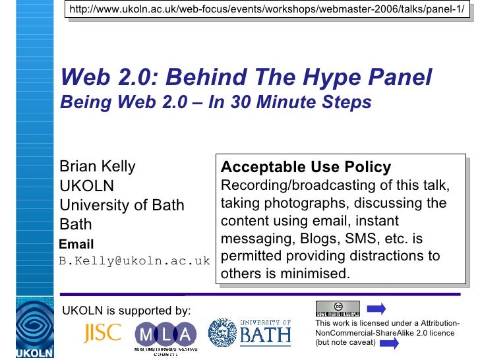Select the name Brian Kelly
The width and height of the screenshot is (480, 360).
pyautogui.click(x=97, y=166)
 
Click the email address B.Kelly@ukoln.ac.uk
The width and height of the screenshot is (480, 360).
pyautogui.click(x=134, y=260)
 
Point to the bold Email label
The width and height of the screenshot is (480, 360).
pyautogui.click(x=76, y=244)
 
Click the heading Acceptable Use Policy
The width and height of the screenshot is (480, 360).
pyautogui.click(x=306, y=167)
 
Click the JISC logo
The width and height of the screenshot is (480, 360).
pyautogui.click(x=102, y=332)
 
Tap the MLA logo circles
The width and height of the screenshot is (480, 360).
pyautogui.click(x=165, y=332)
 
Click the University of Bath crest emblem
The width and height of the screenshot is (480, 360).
pyautogui.click(x=222, y=332)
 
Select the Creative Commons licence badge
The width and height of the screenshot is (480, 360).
pyautogui.click(x=338, y=307)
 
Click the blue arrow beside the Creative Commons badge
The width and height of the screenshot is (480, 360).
pyautogui.click(x=376, y=308)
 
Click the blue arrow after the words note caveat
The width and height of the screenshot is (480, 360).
pyautogui.click(x=389, y=343)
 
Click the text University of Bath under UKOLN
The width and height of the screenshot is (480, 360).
pyautogui.click(x=122, y=204)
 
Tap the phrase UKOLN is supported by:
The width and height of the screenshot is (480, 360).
pyautogui.click(x=126, y=310)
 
